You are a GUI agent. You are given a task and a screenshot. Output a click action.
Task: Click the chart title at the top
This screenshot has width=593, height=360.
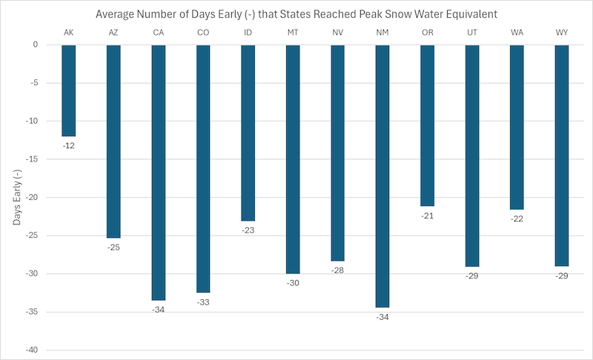(x=296, y=14)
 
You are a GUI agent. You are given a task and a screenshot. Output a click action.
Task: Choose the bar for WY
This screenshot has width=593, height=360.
(x=562, y=156)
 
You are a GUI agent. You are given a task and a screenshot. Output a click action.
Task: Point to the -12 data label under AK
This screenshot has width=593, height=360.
(x=68, y=146)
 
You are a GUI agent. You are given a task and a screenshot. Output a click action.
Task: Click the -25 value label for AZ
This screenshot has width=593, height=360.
(x=113, y=247)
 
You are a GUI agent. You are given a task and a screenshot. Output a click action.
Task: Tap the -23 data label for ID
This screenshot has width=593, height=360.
(x=248, y=230)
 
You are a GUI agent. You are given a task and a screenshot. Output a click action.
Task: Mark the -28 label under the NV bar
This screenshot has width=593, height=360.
(x=337, y=270)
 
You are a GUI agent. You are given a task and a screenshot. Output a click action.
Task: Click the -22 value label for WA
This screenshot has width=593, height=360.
(x=517, y=219)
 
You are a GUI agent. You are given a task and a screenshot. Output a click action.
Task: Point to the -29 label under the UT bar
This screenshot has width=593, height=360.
(x=472, y=276)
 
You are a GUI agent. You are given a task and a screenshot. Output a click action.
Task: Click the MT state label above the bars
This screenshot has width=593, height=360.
(x=293, y=33)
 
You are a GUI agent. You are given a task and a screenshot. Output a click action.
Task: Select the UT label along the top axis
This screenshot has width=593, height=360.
(x=472, y=33)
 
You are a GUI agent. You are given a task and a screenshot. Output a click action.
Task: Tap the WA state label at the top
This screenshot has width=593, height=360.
(x=517, y=33)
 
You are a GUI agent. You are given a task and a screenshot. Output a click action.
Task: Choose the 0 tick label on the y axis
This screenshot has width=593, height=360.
(x=34, y=45)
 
